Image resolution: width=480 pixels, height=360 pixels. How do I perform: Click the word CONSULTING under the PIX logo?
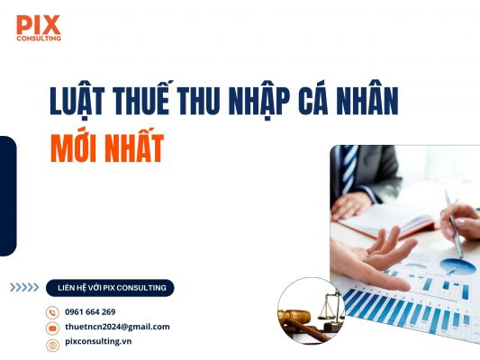38,38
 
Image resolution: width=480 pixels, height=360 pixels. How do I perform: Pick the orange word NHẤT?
132,148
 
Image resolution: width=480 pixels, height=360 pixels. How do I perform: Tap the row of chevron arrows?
24,288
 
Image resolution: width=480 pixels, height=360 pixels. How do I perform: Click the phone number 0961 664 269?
90,311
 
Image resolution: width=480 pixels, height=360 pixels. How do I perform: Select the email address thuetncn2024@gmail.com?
117,327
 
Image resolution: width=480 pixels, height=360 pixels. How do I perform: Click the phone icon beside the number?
52,312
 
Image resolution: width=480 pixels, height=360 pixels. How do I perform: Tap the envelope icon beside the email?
52,328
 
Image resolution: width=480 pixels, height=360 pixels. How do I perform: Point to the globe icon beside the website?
52,344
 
